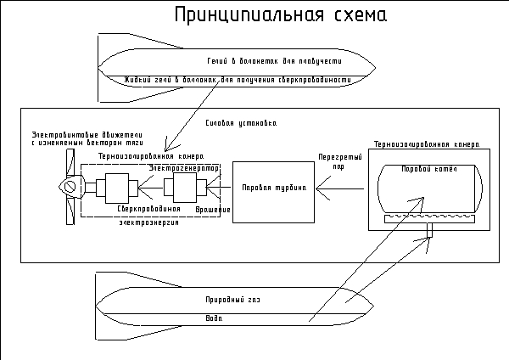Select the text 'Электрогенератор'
tap(184, 168)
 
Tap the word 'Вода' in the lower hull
tap(214, 318)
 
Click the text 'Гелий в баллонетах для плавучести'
tap(261, 63)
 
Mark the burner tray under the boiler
tap(428, 218)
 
